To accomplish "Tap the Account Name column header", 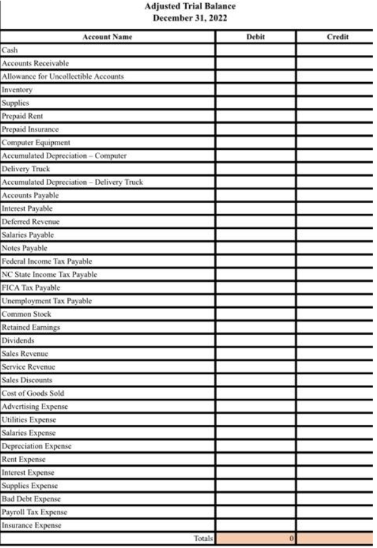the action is tap(107, 37).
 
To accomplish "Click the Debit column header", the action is tap(255, 37).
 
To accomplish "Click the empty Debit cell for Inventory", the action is tap(255, 90).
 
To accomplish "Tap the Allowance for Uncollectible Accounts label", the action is tap(63, 76).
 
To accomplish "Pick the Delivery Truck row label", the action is tap(26, 169).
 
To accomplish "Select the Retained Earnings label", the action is tap(30, 327).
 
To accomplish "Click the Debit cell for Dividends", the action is tap(255, 340).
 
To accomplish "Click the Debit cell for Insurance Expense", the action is tap(255, 525).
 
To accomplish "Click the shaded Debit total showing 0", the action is tap(255, 539).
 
